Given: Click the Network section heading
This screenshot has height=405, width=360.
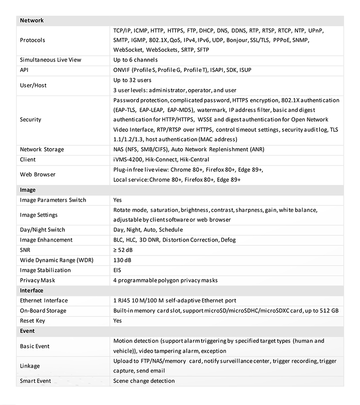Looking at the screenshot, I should tap(31, 21).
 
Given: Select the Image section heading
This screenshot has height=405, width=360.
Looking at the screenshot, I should tap(27, 190).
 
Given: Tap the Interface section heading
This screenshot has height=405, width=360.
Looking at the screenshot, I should tap(31, 291).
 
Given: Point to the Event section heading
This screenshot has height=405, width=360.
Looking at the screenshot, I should tap(27, 331).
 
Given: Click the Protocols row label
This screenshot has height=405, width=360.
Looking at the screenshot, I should tap(32, 40).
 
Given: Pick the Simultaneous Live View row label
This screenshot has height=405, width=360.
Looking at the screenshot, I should tap(50, 60).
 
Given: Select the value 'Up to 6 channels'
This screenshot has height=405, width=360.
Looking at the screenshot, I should tap(135, 60).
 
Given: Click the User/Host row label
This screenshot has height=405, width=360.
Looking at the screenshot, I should tap(33, 85).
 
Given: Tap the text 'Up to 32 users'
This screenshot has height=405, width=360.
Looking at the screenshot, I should tap(132, 80).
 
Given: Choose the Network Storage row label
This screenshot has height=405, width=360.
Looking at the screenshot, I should tap(42, 149).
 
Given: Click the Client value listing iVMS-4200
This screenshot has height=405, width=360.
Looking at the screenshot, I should tap(161, 159).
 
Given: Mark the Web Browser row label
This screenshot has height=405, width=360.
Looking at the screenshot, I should tap(37, 175).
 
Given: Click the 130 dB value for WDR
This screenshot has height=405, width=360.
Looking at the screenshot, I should tap(122, 260).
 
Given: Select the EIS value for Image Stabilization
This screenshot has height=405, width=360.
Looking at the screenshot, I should tap(117, 270).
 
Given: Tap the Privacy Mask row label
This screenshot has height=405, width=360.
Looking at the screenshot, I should tap(37, 280).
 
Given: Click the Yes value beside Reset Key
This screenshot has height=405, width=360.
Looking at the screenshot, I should tap(117, 321).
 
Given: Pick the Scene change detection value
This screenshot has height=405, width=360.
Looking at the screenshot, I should tap(144, 381).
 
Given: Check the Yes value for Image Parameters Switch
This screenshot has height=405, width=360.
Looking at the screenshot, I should tap(117, 200).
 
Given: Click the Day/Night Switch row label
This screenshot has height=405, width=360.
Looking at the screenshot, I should tap(42, 230).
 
